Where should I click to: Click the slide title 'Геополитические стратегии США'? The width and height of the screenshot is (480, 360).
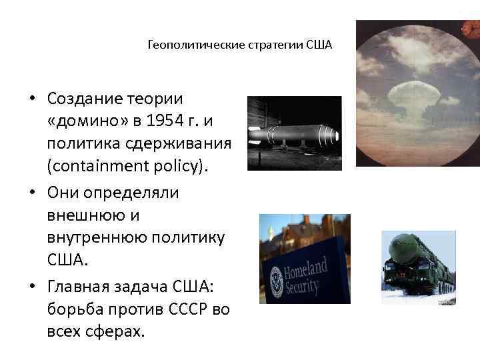tap(239, 46)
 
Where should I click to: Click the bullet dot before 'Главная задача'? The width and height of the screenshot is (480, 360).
tap(31, 286)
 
